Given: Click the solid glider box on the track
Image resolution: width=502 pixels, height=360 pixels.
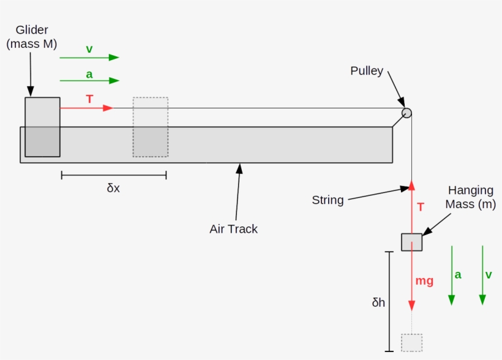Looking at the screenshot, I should pos(42,127).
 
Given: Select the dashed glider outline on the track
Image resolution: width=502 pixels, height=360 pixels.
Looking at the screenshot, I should pos(150,127).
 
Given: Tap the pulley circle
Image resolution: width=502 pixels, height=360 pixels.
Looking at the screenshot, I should pos(406,113).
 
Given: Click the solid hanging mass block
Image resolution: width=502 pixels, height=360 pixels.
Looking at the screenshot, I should pos(411,242).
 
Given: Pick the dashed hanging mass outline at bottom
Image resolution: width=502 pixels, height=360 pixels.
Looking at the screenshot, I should pos(411,342).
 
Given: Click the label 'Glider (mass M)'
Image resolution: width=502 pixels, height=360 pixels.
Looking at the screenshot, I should pos(31,37).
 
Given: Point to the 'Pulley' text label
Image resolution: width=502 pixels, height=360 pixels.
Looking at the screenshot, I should pos(367,71).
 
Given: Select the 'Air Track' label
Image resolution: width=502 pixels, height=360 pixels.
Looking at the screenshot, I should pos(233,229).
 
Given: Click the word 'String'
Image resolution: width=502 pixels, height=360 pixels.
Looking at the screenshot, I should pos(328,200).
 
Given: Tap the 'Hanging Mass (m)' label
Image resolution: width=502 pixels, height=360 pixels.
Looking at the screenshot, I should pos(471,197).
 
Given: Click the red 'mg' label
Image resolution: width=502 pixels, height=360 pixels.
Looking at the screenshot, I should pos(424,281).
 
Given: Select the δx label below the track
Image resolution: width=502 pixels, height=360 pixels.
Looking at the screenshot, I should pos(113,189).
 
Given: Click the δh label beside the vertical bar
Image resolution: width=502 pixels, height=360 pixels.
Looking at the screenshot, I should pos(378,302).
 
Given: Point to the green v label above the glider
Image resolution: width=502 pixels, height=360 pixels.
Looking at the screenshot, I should pos(89,49).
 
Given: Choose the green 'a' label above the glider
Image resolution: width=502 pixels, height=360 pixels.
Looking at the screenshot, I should pos(89,74).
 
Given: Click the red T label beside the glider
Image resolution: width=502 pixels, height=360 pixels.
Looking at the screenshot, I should pos(89,99).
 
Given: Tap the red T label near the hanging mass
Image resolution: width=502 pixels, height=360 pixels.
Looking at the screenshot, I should pos(421,208).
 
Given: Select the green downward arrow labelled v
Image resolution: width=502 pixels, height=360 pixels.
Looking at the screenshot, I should pos(482,275).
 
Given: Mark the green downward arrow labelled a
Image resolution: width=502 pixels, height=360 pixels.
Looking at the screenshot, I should pos(451,275).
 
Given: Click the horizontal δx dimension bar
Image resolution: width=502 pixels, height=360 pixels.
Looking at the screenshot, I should pos(113,176).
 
